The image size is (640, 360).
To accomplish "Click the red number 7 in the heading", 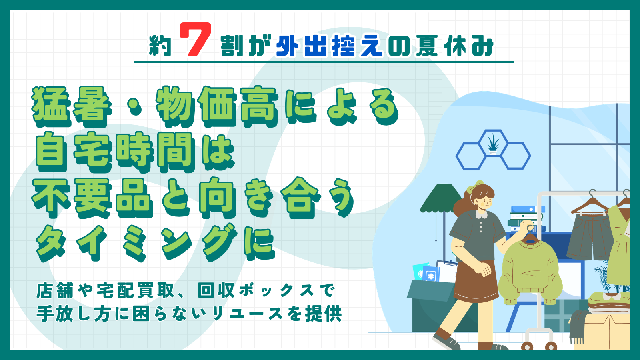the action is (196, 39).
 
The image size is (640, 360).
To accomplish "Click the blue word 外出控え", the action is (329, 46).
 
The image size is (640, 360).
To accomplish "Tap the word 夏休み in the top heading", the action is (454, 46).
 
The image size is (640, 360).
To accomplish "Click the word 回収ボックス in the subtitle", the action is (266, 290).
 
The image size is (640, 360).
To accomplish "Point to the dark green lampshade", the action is (441, 198).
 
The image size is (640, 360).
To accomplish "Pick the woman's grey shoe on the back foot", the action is (446, 342).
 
